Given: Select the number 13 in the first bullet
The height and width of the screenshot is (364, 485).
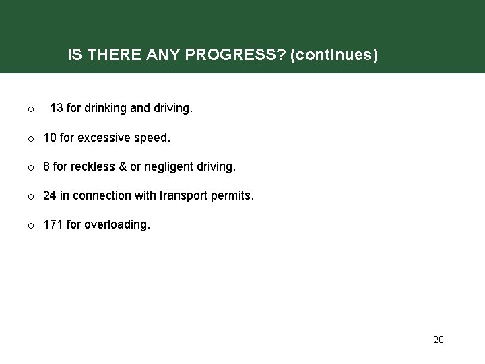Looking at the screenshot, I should coord(57,107).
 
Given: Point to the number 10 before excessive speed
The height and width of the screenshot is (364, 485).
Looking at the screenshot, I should coord(50,137).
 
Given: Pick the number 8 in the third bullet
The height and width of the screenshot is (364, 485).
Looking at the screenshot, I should coord(46,166).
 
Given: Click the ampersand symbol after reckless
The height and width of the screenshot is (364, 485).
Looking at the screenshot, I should coord(122,166).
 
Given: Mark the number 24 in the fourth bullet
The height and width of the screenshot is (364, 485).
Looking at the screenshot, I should coord(50,195).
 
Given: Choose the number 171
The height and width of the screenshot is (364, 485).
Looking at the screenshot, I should coord(53,225).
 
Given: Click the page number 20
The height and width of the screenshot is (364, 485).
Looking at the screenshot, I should coord(438,340).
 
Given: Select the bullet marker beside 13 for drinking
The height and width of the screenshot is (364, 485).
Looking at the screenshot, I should coord(31,109).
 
